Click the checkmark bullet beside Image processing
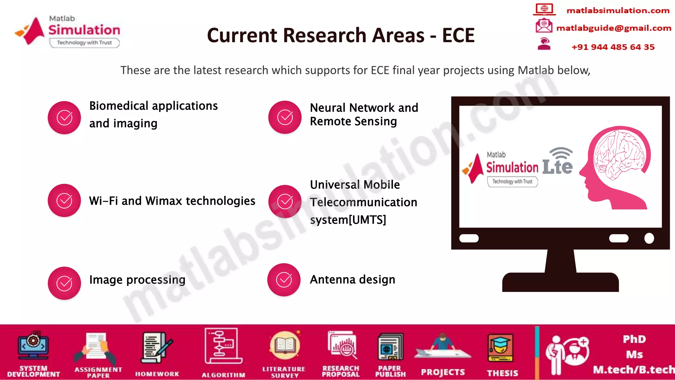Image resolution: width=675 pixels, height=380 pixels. (64, 283)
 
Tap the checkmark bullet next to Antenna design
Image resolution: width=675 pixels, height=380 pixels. (284, 280)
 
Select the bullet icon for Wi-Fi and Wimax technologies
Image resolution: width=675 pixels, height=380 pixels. (64, 200)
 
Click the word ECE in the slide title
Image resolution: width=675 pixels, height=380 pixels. (458, 35)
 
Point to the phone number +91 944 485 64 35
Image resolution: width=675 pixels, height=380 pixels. (613, 47)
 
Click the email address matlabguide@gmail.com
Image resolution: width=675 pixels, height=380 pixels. (614, 28)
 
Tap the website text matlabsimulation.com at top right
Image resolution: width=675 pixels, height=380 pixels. (618, 11)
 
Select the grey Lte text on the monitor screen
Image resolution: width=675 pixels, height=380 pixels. (557, 166)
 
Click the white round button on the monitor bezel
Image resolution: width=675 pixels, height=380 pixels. (649, 238)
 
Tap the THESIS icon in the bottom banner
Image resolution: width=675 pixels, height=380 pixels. (500, 348)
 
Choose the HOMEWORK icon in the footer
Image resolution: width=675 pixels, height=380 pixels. (157, 348)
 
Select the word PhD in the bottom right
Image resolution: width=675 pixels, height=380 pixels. (634, 339)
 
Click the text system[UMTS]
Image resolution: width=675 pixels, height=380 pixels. (348, 220)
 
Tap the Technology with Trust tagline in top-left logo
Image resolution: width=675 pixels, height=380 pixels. (84, 43)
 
